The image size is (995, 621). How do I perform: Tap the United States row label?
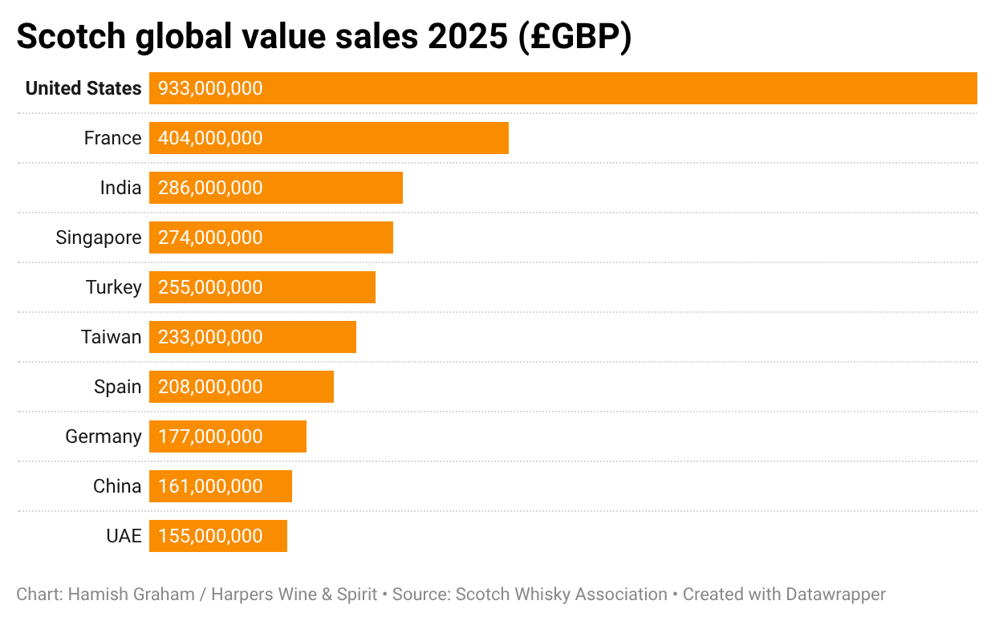click(83, 88)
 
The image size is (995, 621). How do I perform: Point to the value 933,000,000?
click(210, 88)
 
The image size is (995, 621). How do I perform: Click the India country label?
click(120, 188)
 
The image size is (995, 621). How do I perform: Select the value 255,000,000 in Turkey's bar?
click(210, 287)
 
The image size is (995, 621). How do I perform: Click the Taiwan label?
click(111, 337)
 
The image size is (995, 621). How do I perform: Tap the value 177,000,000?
click(210, 436)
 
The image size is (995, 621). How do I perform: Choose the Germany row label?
click(104, 436)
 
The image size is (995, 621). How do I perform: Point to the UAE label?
click(124, 536)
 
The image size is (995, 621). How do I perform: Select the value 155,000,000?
click(210, 536)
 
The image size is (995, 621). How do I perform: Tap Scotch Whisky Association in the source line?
click(562, 595)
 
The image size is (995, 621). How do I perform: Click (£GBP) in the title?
click(575, 37)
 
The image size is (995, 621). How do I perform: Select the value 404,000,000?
click(210, 138)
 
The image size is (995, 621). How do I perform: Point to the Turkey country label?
click(113, 287)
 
